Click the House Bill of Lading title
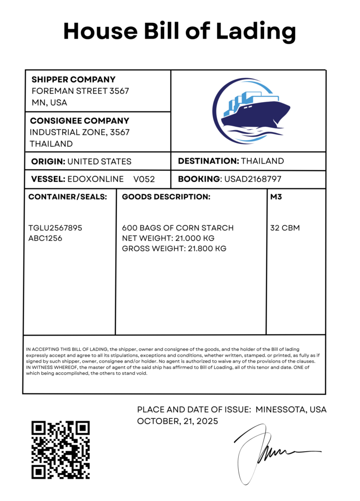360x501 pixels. (180, 31)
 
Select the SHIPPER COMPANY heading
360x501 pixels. (73, 79)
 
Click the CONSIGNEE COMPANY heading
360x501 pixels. (80, 120)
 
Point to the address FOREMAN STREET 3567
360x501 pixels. (80, 91)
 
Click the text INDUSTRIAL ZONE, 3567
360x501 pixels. (80, 132)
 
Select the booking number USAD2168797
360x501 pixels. (252, 179)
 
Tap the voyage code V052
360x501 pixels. (144, 179)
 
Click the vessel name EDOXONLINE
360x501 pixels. (96, 179)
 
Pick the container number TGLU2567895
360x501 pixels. (55, 228)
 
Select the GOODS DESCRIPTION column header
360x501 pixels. (166, 197)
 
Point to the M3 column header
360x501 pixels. (276, 197)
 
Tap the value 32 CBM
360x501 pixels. (285, 228)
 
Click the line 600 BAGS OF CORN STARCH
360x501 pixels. (178, 228)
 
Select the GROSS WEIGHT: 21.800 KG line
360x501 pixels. (174, 249)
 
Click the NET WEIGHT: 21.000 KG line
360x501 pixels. (168, 238)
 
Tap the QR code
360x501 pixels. (61, 450)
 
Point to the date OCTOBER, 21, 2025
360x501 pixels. (177, 421)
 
